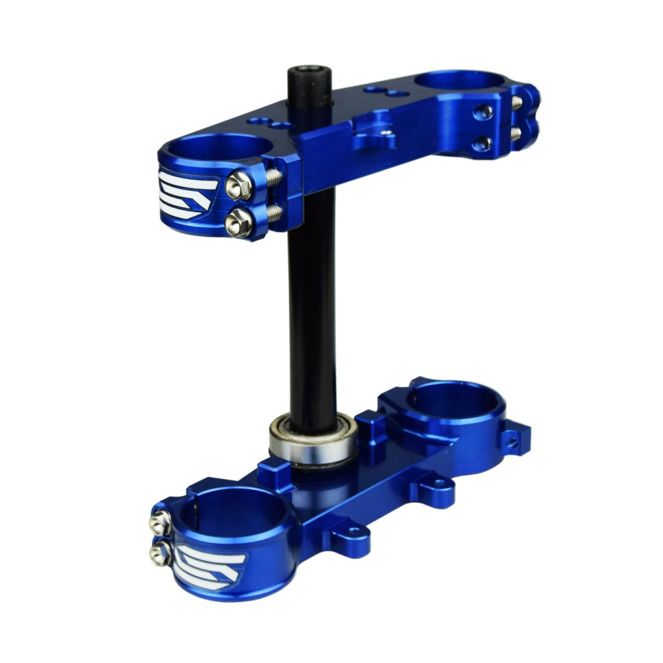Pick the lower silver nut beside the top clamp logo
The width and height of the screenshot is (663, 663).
237,223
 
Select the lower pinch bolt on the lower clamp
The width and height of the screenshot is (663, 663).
160,554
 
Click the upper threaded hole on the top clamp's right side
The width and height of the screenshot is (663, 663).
485,111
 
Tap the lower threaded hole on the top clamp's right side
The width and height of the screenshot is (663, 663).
484,143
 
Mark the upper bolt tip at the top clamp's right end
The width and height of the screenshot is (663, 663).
516,102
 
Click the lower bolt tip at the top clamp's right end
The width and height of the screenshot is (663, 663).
515,133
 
